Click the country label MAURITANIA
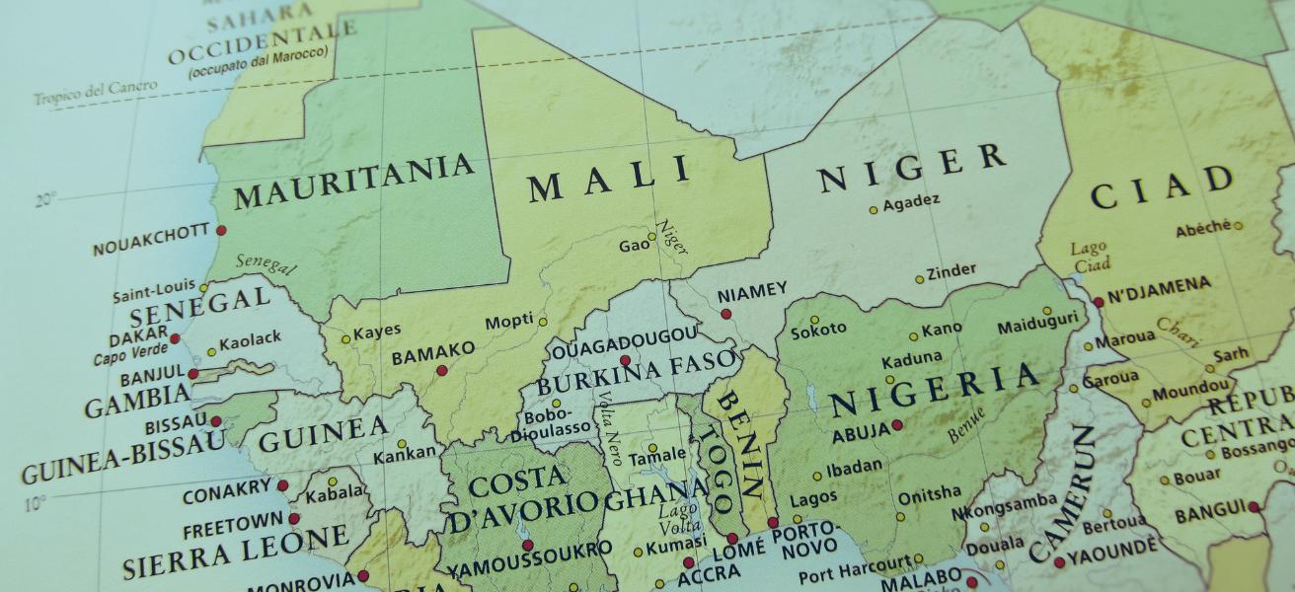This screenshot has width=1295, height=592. (x=353, y=182)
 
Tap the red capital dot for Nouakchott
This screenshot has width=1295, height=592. (x=221, y=230)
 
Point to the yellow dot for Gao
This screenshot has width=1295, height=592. (x=651, y=237)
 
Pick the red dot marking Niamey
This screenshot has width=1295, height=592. (x=726, y=314)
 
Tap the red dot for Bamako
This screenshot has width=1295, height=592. (x=442, y=371)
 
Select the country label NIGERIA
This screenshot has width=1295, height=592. (x=935, y=391)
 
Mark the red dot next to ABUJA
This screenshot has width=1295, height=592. (x=896, y=425)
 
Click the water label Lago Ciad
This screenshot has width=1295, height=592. (x=1091, y=257)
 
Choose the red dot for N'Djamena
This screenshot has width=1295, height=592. (x=1098, y=302)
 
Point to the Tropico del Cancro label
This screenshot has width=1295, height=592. (x=95, y=92)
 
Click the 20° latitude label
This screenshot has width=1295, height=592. (x=46, y=200)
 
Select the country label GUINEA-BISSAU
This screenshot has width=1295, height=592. (x=120, y=458)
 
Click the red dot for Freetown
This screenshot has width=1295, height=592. (x=293, y=518)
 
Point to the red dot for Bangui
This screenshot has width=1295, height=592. (x=1254, y=507)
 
